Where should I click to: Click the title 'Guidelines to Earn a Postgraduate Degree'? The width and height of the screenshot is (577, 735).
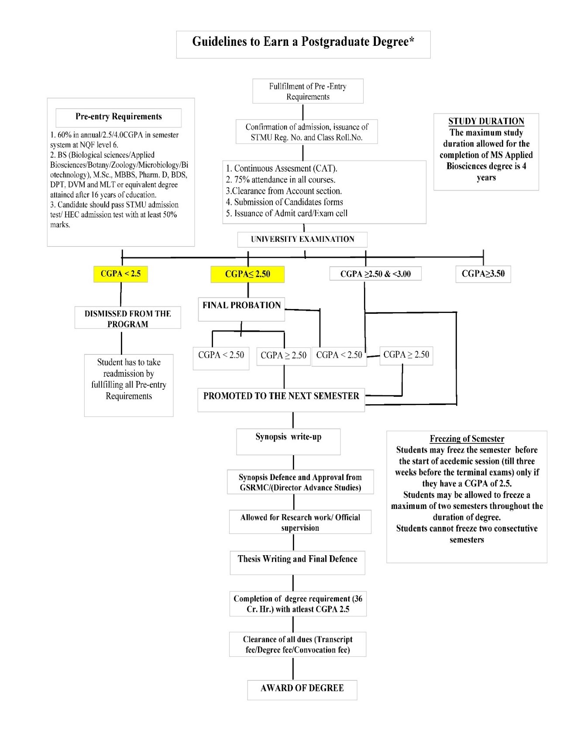pos(303,42)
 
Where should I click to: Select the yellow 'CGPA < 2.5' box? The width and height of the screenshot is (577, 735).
pos(120,274)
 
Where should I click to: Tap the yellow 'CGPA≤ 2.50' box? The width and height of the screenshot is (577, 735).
pos(247,275)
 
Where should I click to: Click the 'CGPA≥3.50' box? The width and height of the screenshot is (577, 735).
pos(483,274)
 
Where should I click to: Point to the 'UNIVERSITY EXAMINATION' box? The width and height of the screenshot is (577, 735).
pos(302,239)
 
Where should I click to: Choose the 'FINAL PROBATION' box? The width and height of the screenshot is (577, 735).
pos(241,306)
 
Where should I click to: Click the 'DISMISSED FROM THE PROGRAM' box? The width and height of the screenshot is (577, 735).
pos(128,319)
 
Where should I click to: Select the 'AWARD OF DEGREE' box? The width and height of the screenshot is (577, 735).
pos(302,689)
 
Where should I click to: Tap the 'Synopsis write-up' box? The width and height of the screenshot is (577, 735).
pos(288,438)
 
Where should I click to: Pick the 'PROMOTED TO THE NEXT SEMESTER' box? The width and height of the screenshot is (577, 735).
pos(281,397)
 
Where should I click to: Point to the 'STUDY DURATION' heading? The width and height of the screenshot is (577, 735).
pos(486,121)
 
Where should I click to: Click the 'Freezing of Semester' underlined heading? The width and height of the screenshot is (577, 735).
pos(467,439)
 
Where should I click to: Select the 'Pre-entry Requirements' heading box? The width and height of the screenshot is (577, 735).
pos(119,117)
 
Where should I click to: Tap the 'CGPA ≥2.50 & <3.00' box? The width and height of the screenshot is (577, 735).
pos(375,274)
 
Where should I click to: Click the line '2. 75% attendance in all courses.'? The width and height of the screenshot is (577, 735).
pos(281,180)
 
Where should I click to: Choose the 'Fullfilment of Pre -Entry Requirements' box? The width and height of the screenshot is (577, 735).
pos(308,91)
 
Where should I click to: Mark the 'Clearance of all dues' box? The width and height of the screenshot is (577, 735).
pos(298,645)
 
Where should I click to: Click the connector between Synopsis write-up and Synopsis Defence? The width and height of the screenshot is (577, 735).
pos(293,462)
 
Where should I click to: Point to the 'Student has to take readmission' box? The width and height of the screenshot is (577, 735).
pos(129,379)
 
